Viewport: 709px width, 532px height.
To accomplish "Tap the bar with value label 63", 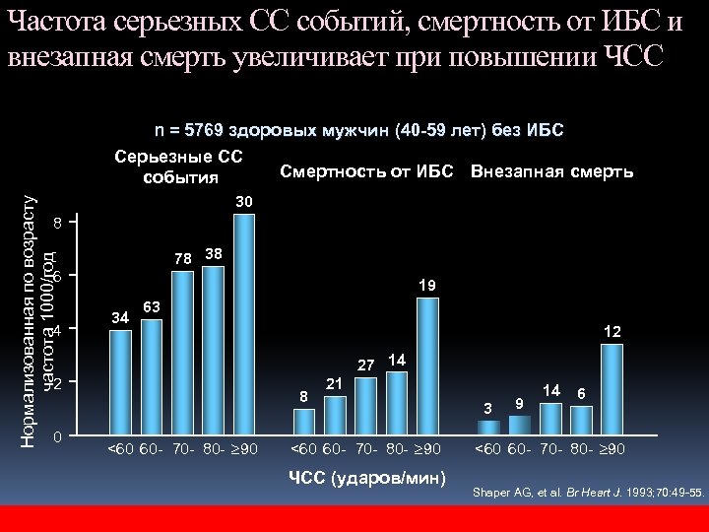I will [152, 375].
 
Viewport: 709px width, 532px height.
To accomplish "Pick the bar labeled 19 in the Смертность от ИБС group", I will [427, 365].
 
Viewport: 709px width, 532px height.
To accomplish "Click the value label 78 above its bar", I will [182, 259].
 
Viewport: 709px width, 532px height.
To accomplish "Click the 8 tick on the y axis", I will [57, 225].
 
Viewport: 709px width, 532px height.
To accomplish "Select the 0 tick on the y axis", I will [57, 436].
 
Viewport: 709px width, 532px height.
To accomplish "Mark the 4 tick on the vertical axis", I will [57, 331].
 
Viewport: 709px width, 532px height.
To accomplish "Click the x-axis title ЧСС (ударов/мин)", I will [366, 479].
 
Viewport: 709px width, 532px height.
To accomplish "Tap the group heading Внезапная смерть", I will [551, 172].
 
